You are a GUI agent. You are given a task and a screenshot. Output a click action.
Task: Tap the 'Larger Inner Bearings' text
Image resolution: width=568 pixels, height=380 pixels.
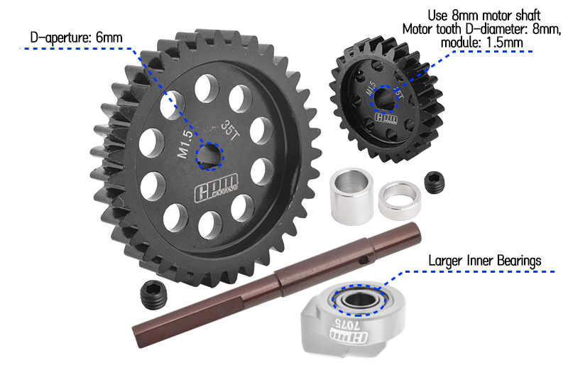click(484, 260)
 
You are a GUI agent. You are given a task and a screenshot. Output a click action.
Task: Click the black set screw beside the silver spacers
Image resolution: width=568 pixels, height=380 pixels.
click(433, 183)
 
